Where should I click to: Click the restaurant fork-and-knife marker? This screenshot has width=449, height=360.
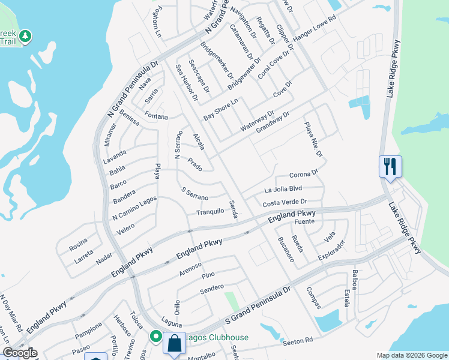tap(390, 166)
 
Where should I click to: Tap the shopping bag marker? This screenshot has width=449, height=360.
tap(174, 344)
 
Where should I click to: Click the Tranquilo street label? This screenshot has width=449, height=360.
tap(210, 212)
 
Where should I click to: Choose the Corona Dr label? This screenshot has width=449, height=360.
tap(303, 175)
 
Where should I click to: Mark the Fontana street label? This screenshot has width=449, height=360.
tap(156, 116)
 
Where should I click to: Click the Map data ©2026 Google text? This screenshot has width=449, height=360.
tap(412, 355)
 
